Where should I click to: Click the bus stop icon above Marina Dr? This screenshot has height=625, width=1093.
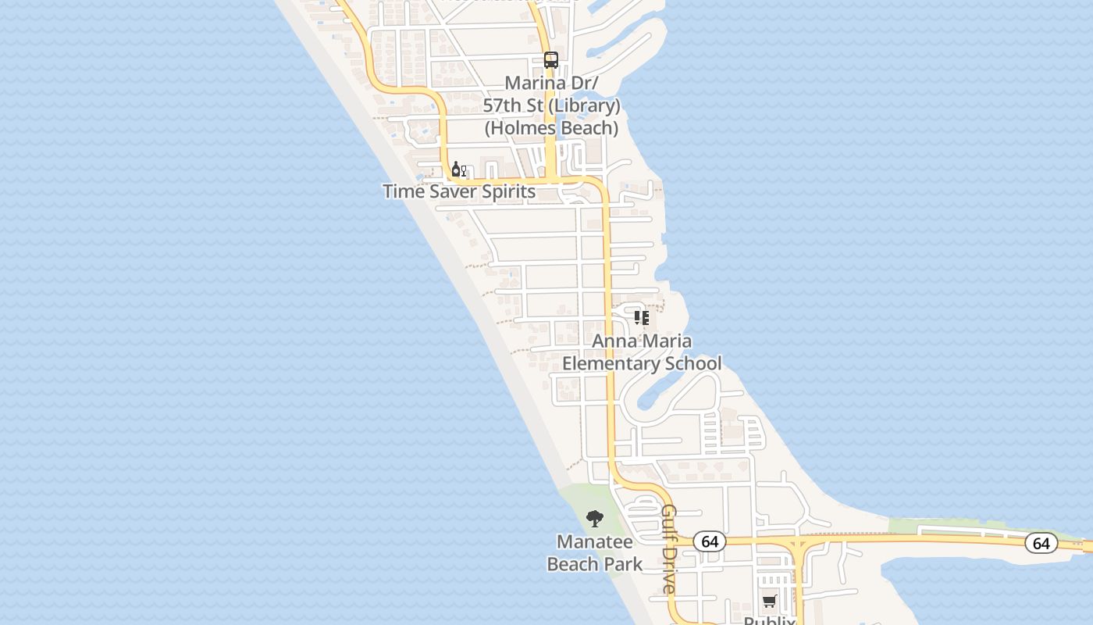[551, 60]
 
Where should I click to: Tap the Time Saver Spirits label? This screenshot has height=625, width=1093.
[459, 191]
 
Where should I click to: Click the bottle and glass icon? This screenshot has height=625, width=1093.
[458, 170]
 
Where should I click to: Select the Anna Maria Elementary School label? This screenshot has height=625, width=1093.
[642, 352]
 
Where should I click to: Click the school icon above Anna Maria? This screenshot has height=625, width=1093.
[642, 318]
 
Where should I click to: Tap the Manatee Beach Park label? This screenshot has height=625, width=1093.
[595, 552]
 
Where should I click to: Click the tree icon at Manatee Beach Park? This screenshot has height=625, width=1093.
[595, 518]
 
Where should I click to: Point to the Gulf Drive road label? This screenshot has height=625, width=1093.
[669, 550]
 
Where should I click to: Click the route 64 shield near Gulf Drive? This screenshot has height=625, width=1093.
[710, 541]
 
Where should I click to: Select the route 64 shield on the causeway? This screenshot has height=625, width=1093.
[1041, 543]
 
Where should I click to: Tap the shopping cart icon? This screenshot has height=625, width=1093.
[770, 601]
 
